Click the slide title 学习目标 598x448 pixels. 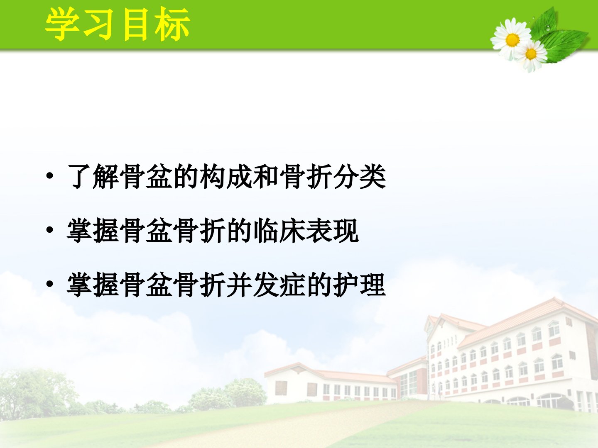tap(118, 24)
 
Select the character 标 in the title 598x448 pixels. tap(172, 24)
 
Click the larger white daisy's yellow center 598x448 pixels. tap(512, 40)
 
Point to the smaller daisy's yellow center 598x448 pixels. tap(531, 54)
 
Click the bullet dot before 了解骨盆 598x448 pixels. tap(49, 176)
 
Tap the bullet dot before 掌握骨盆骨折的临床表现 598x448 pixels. tap(49, 230)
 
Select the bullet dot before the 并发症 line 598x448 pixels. tap(49, 284)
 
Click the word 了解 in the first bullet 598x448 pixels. tap(93, 176)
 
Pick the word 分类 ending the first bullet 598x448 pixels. tap(360, 176)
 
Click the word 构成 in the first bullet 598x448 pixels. tap(226, 176)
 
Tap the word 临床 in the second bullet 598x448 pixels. tap(279, 230)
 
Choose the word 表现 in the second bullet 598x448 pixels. tap(333, 230)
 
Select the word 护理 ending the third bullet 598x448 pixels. tap(360, 285)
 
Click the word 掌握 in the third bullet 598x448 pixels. tap(93, 285)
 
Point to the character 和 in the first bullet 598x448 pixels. tap(266, 176)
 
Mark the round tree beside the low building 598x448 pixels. tap(245, 392)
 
